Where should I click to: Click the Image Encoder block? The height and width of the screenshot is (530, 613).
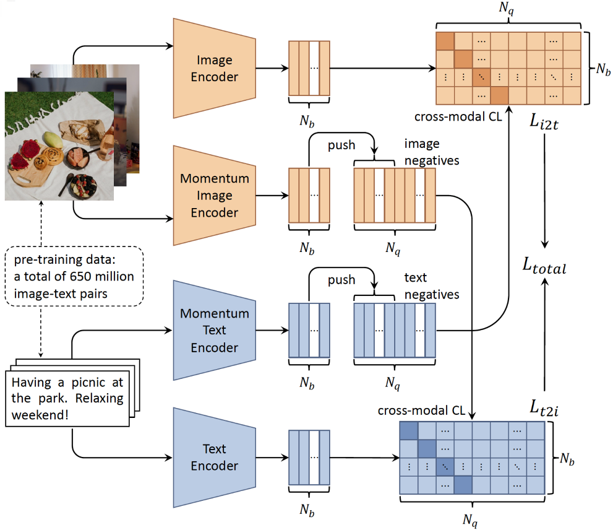(214, 68)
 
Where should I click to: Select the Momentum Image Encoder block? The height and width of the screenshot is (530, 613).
(214, 195)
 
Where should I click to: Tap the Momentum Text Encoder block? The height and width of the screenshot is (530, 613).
(214, 330)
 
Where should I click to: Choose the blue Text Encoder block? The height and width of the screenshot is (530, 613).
(214, 457)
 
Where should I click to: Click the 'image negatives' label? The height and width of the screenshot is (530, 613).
(431, 152)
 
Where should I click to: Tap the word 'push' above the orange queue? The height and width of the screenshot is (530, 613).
(342, 145)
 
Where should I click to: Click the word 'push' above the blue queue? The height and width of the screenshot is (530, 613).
(342, 280)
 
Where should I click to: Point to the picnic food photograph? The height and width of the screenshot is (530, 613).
(59, 146)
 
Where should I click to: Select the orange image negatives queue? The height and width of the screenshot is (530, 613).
(394, 195)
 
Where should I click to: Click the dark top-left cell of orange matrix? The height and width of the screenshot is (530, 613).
(445, 41)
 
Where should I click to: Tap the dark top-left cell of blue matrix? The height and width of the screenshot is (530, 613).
(409, 430)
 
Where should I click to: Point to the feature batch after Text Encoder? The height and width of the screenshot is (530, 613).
(309, 458)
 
